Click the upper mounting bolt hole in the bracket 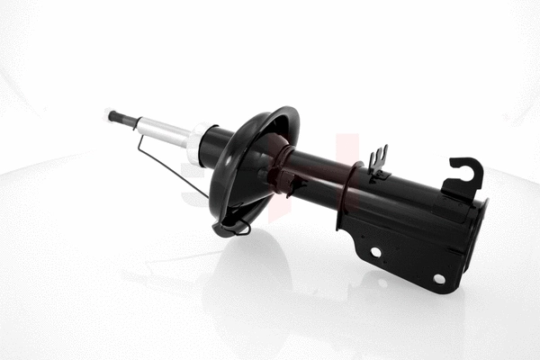tap(375, 252)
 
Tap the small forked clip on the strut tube tap(378, 161)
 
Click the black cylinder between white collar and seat tap(216, 144)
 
